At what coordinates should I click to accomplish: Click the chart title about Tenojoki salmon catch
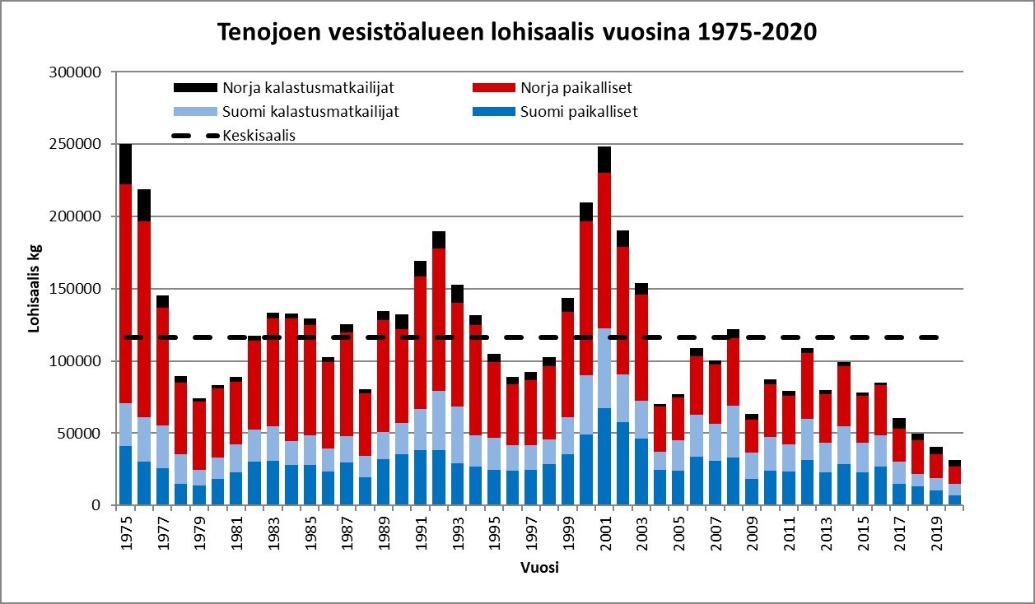[516, 32]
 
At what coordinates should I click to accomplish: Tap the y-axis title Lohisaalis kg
[35, 288]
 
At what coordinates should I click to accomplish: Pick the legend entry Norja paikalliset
[576, 87]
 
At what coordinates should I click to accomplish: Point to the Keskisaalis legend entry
[259, 136]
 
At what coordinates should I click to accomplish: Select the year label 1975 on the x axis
[127, 532]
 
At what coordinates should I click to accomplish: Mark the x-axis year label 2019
[936, 532]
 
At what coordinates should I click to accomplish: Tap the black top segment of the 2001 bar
[604, 160]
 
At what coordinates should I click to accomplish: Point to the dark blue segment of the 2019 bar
[936, 498]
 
